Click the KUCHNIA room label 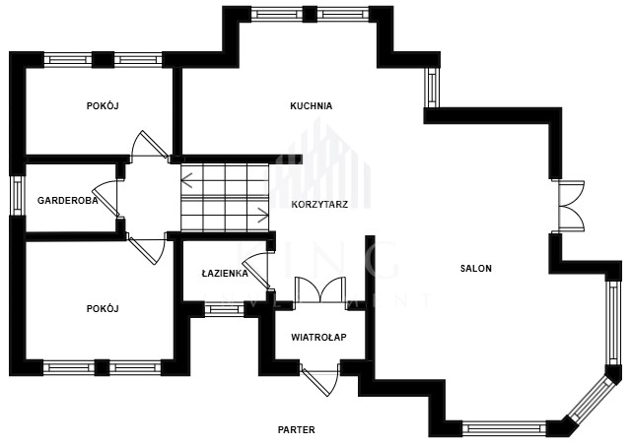[x=311, y=105]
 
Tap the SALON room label [x=475, y=268]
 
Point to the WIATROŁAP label [x=317, y=337]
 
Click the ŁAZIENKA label [x=224, y=273]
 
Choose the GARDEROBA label [x=67, y=200]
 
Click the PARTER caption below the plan [x=296, y=430]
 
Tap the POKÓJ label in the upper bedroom [x=102, y=105]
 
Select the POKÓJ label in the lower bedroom [x=102, y=308]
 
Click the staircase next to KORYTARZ [x=225, y=197]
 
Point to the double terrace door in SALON [x=569, y=206]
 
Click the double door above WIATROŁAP [x=319, y=290]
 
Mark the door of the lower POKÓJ [x=148, y=249]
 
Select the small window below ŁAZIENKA [x=224, y=309]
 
